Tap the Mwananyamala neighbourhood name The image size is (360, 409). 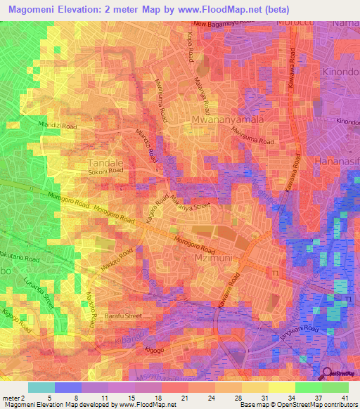click(x=228, y=121)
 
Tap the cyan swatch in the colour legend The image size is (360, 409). click(x=41, y=387)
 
